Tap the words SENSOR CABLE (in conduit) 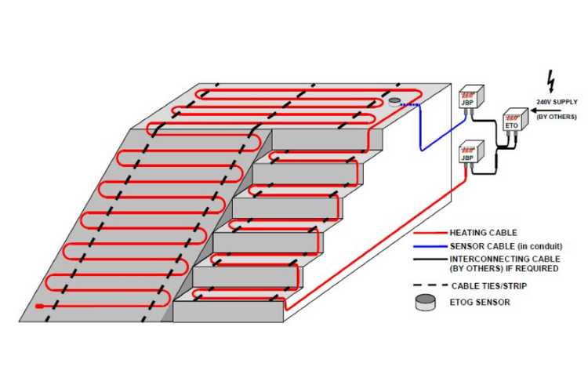[x=506, y=246]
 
